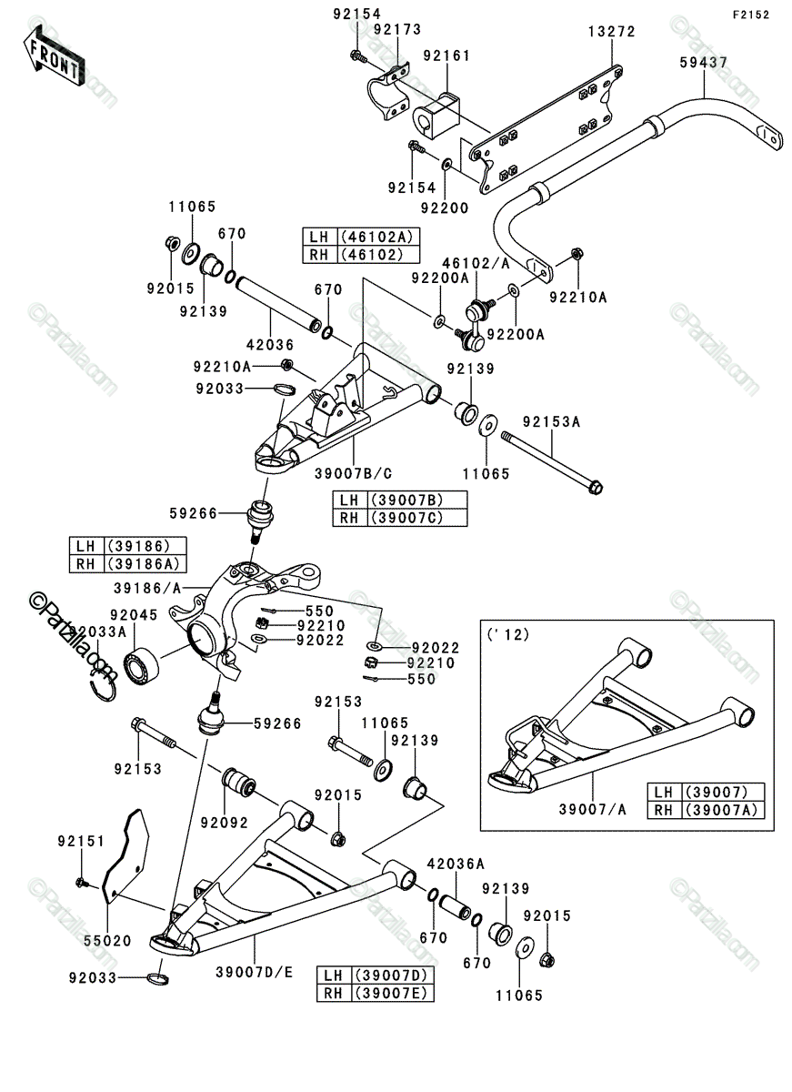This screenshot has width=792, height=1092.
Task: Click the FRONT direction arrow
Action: click(x=54, y=57)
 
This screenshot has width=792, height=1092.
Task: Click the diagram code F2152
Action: click(x=751, y=15)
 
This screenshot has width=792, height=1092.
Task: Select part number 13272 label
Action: click(x=611, y=32)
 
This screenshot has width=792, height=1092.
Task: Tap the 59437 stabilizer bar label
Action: click(x=704, y=63)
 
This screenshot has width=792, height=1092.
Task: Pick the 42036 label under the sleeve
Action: click(x=270, y=345)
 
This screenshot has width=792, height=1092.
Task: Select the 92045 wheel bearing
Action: click(x=141, y=665)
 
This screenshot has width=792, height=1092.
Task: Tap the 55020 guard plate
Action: click(x=125, y=862)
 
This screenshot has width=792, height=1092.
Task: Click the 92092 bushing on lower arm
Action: click(x=238, y=783)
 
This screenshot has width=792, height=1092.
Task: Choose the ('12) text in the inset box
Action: click(x=508, y=634)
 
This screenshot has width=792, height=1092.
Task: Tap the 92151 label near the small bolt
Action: click(x=81, y=842)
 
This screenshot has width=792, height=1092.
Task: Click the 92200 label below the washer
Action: click(x=445, y=208)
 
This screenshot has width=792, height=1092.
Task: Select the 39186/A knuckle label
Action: click(x=147, y=589)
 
